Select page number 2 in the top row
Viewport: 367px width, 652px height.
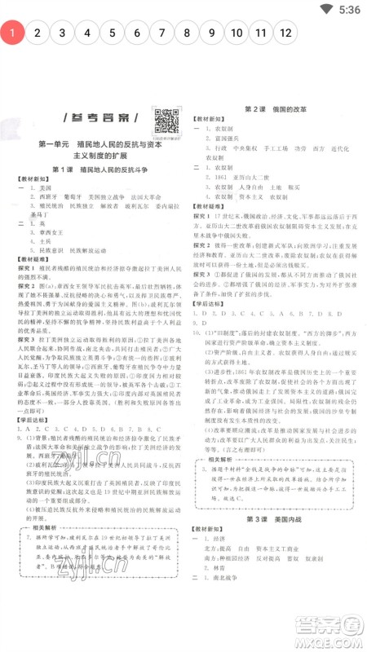(38, 33)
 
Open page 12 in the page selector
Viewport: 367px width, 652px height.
(285, 33)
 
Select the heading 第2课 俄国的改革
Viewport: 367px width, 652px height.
(275, 108)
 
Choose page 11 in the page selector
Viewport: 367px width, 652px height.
(261, 33)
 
